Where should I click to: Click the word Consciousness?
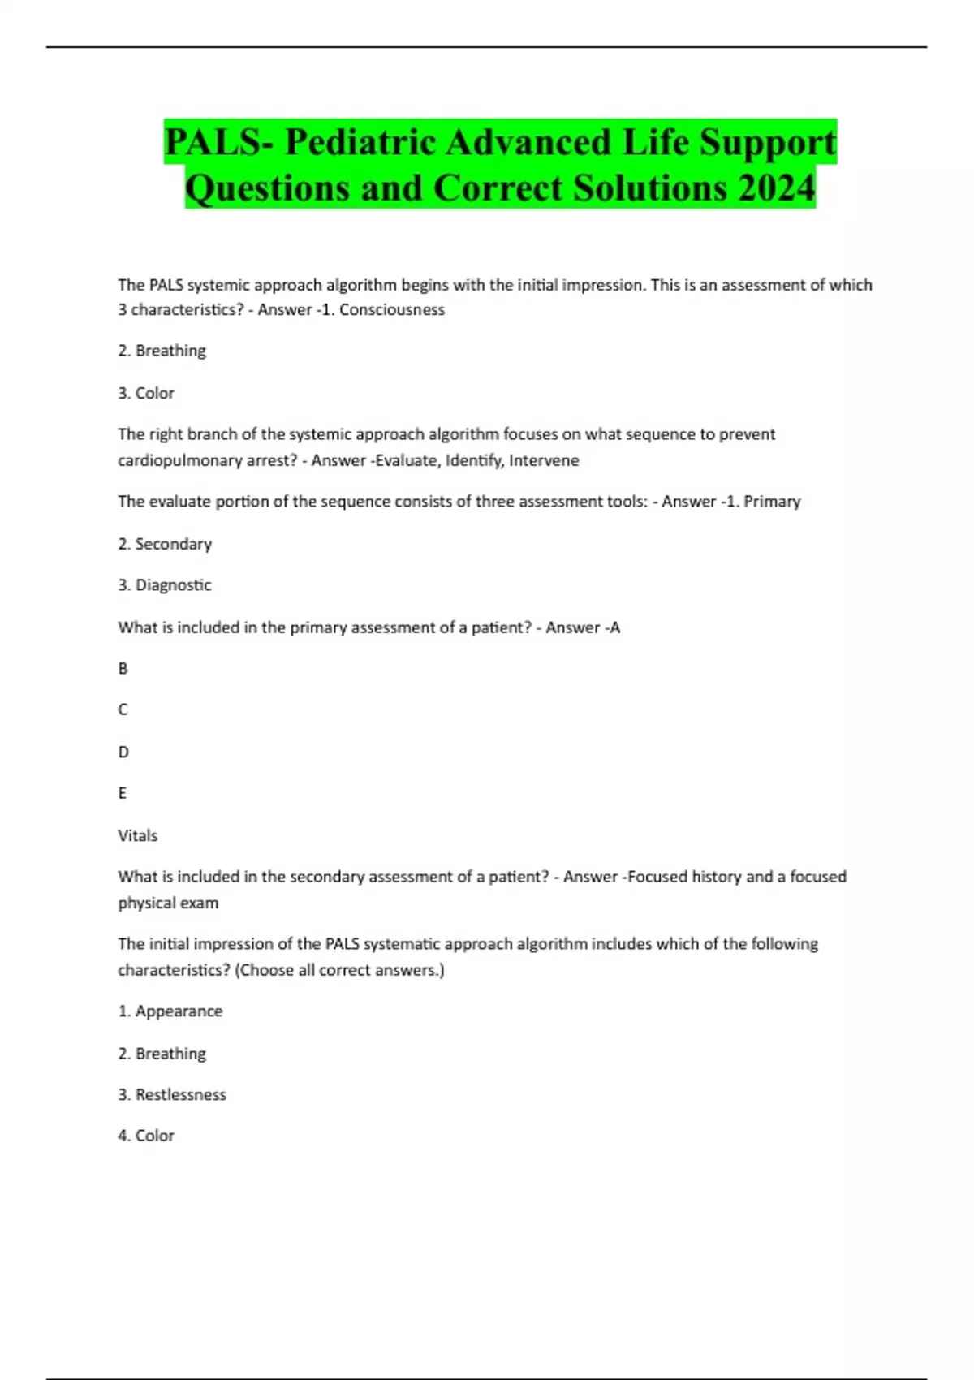tap(392, 309)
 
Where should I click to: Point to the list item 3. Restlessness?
tap(172, 1094)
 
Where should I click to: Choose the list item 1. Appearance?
tap(170, 1011)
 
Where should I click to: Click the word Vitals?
tap(138, 835)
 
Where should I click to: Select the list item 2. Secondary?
tap(165, 544)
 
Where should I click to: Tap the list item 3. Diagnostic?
tap(165, 584)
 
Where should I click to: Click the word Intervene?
tap(544, 460)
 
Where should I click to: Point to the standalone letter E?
tap(123, 793)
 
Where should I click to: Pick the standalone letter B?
tap(123, 668)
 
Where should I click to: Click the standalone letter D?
tap(123, 752)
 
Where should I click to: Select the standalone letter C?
tap(123, 709)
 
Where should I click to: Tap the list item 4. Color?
tap(146, 1136)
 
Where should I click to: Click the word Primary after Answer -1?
tap(772, 502)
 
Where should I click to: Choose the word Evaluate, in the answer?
tap(409, 460)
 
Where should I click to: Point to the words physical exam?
tap(168, 903)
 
